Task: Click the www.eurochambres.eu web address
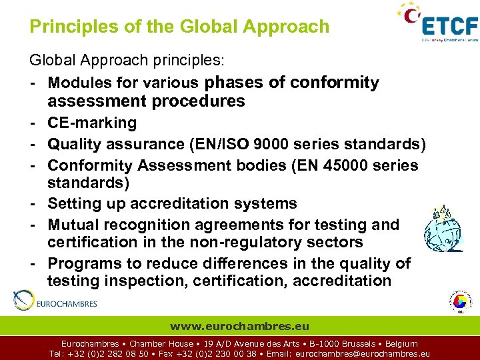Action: pos(239,326)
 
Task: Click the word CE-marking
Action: pos(92,123)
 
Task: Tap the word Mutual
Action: pos(73,225)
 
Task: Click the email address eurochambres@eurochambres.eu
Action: pos(362,354)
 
